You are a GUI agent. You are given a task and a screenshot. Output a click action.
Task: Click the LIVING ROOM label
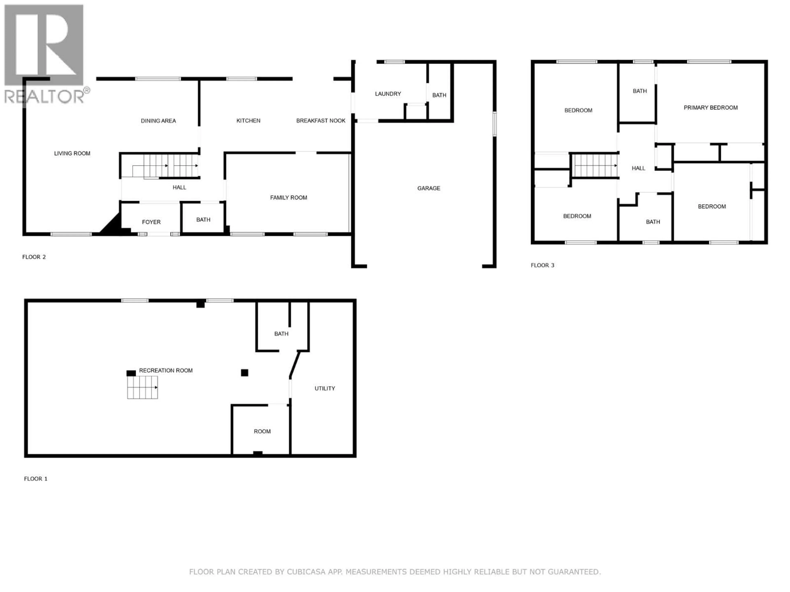tap(72, 153)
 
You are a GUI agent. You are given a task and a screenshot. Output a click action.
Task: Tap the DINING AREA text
tap(158, 121)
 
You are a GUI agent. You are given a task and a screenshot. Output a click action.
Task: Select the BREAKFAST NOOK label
tap(321, 121)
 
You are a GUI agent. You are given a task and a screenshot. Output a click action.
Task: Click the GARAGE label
tap(429, 188)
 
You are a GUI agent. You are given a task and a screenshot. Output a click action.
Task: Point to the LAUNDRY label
tap(388, 94)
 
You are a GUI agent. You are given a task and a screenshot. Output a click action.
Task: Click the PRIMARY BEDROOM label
tap(710, 108)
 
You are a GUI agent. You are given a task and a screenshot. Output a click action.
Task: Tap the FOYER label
tap(151, 222)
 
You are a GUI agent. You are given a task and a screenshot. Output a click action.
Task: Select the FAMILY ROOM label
tap(288, 198)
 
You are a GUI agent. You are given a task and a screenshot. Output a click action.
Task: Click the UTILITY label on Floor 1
tap(325, 388)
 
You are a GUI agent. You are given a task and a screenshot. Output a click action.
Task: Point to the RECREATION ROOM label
tap(166, 370)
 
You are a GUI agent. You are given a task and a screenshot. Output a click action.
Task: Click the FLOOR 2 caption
tap(34, 257)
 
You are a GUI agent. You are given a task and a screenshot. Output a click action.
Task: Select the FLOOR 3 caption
tap(542, 265)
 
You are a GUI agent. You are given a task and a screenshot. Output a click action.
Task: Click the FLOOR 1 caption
tap(35, 479)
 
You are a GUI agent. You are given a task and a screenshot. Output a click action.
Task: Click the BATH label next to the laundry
tap(439, 95)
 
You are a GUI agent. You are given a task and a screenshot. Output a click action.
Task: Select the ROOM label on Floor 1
tap(262, 431)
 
